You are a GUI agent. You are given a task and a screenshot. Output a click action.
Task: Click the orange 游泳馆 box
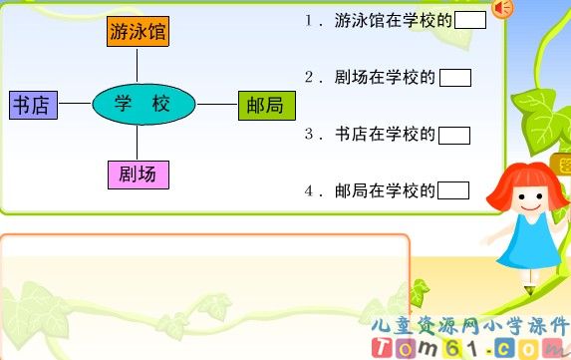[x=138, y=31]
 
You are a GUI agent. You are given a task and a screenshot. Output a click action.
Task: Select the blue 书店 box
[x=34, y=104]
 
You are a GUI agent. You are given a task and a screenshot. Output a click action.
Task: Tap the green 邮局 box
[x=267, y=104]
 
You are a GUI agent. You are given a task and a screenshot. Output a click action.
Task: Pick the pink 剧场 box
[x=138, y=175]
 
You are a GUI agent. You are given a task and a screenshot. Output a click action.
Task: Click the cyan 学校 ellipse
[x=144, y=103]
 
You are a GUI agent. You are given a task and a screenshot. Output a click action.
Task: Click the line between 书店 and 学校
[x=76, y=104]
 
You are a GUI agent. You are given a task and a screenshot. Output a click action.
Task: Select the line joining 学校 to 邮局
[x=217, y=104]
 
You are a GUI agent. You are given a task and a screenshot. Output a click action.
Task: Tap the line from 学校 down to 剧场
[x=138, y=143]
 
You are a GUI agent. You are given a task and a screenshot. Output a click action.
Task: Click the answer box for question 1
[x=469, y=20]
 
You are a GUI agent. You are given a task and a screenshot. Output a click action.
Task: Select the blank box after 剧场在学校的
[x=454, y=78]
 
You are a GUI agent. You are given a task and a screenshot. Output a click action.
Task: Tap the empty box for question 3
[x=454, y=136]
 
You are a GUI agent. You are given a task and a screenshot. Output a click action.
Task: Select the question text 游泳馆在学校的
[x=394, y=21]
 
